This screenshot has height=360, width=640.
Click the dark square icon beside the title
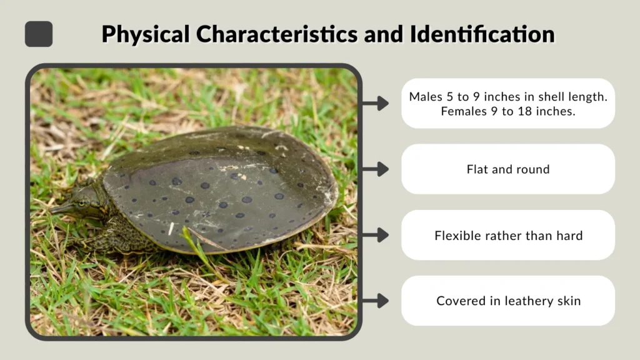pyautogui.click(x=39, y=34)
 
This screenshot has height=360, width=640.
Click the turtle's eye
pyautogui.click(x=81, y=202)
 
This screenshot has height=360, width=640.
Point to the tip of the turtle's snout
pyautogui.click(x=52, y=209)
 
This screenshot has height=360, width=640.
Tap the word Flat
pyautogui.click(x=477, y=169)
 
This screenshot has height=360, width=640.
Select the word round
pyautogui.click(x=533, y=169)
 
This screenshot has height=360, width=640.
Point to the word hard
pyautogui.click(x=569, y=236)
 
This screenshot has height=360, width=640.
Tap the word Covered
pyautogui.click(x=459, y=301)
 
